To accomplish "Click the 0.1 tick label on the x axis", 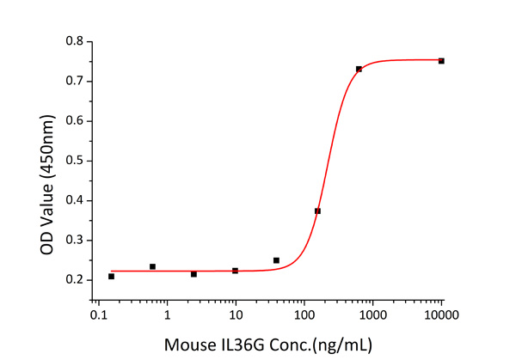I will [99, 317].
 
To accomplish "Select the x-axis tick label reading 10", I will [235, 317].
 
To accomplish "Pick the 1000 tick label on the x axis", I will [372, 317].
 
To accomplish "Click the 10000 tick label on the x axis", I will [441, 317].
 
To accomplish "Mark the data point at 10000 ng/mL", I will [441, 61].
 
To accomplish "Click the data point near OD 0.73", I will [359, 69].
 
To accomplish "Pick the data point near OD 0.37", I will [317, 211].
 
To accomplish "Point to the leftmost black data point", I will [112, 276].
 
